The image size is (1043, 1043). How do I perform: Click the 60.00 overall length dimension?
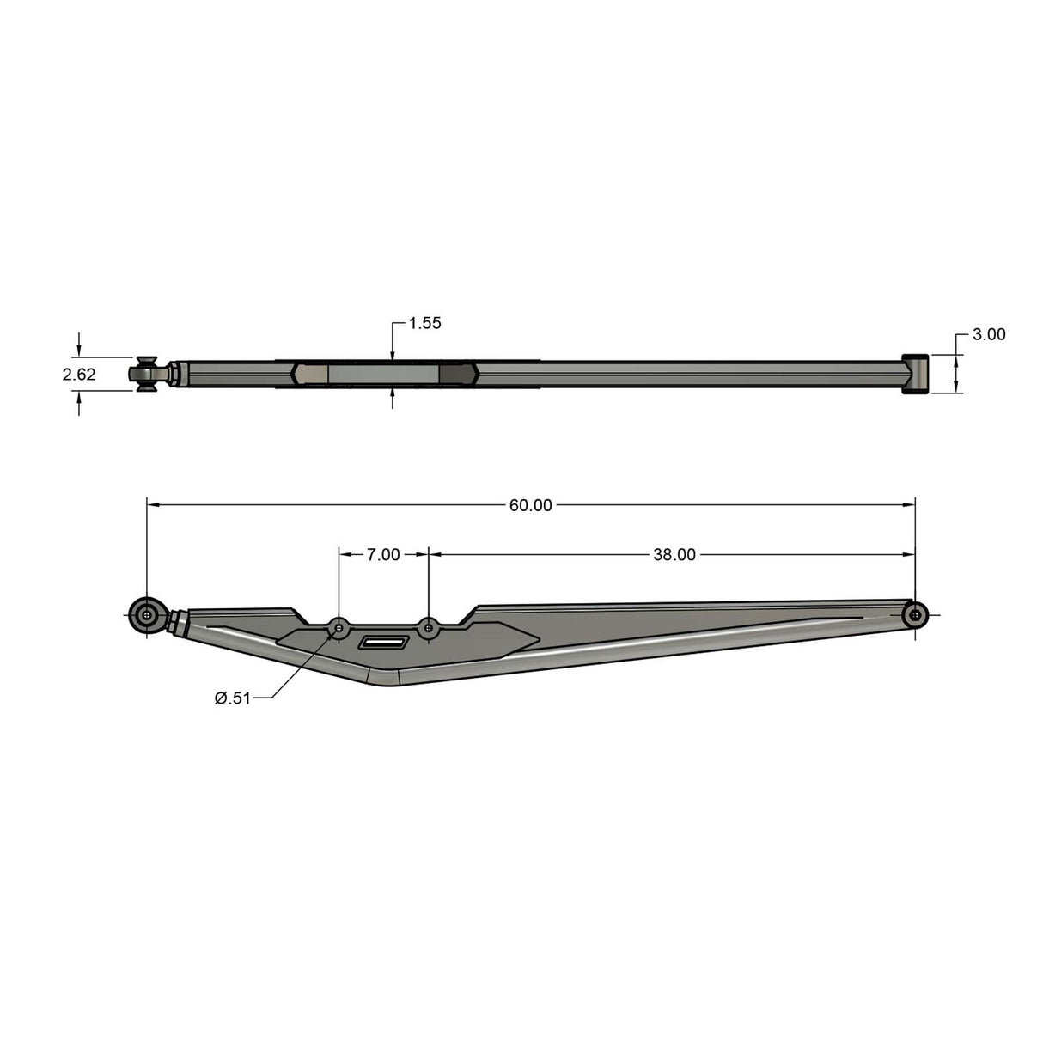click(530, 505)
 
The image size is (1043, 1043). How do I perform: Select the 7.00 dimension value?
click(383, 555)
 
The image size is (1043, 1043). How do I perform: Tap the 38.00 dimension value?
click(674, 555)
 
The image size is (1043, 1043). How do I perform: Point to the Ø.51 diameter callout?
click(232, 698)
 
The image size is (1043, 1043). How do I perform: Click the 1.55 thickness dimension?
click(424, 323)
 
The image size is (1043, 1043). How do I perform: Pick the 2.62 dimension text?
click(79, 375)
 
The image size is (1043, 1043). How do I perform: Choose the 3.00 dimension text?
click(988, 335)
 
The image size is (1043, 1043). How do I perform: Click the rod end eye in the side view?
click(148, 615)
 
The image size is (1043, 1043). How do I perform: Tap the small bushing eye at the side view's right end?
click(917, 614)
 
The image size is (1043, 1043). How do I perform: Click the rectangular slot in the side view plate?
click(384, 643)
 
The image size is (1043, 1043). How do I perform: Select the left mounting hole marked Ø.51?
click(339, 628)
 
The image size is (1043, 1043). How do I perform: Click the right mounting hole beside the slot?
click(429, 628)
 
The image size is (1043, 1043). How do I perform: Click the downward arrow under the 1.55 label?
click(393, 354)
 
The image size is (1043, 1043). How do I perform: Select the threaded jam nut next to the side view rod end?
click(179, 622)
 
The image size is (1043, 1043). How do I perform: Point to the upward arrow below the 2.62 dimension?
click(79, 398)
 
